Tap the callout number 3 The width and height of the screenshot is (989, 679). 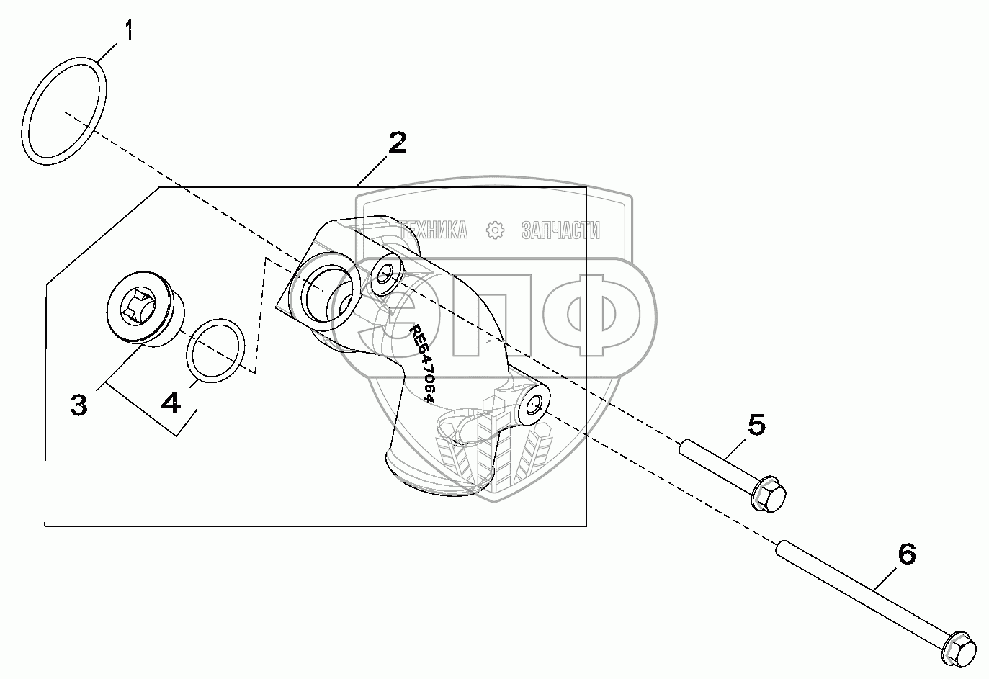click(79, 405)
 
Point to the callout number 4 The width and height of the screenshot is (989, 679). click(171, 403)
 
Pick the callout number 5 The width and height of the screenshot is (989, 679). click(756, 425)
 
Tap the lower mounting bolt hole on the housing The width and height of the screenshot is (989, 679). click(535, 405)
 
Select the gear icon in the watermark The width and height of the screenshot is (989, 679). click(494, 230)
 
